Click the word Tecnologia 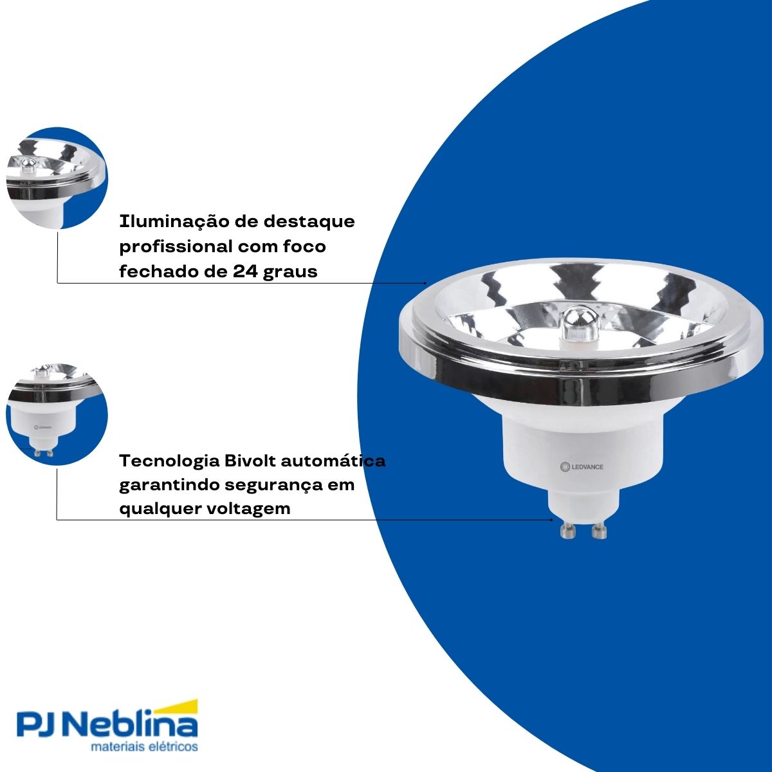click(170, 461)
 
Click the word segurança click(280, 485)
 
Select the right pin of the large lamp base click(600, 530)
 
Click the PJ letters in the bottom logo click(39, 726)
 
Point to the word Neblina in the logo click(133, 726)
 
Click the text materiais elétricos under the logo click(144, 747)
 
